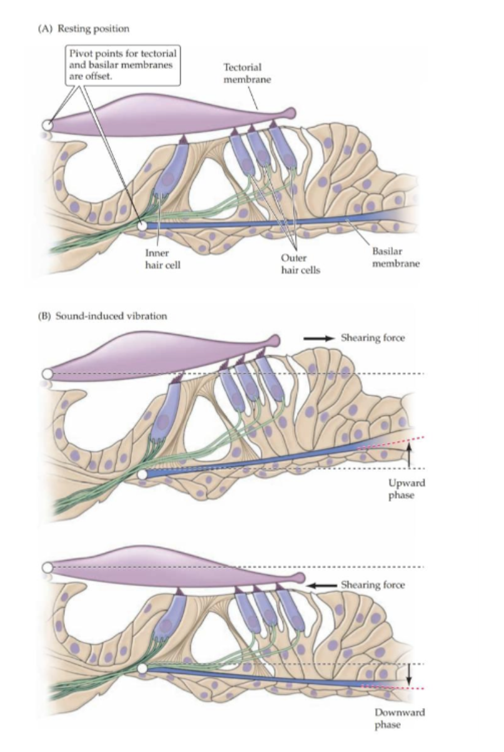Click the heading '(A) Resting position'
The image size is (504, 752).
click(x=84, y=29)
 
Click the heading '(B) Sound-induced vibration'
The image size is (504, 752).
click(x=103, y=316)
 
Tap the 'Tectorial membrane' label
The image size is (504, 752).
click(x=247, y=74)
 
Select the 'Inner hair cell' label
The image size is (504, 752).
click(x=163, y=259)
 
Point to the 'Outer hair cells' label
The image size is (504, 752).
click(x=301, y=264)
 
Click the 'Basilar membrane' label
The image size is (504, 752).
click(x=396, y=257)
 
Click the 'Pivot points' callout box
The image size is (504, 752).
click(x=123, y=65)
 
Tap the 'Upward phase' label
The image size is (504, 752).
click(x=406, y=489)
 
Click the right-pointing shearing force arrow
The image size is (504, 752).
click(x=319, y=338)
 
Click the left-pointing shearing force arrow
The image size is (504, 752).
click(x=322, y=586)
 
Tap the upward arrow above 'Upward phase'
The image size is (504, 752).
click(x=409, y=455)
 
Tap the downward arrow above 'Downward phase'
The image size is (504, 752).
click(x=408, y=675)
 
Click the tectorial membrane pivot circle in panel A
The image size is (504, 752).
click(x=48, y=126)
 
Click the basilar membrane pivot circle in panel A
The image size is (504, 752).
click(x=143, y=226)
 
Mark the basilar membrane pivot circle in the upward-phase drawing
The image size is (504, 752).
click(x=143, y=475)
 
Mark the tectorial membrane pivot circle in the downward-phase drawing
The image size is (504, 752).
click(x=48, y=567)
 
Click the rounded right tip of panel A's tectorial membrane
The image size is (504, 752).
click(x=291, y=113)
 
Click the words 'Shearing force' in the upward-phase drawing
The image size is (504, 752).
click(x=373, y=338)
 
